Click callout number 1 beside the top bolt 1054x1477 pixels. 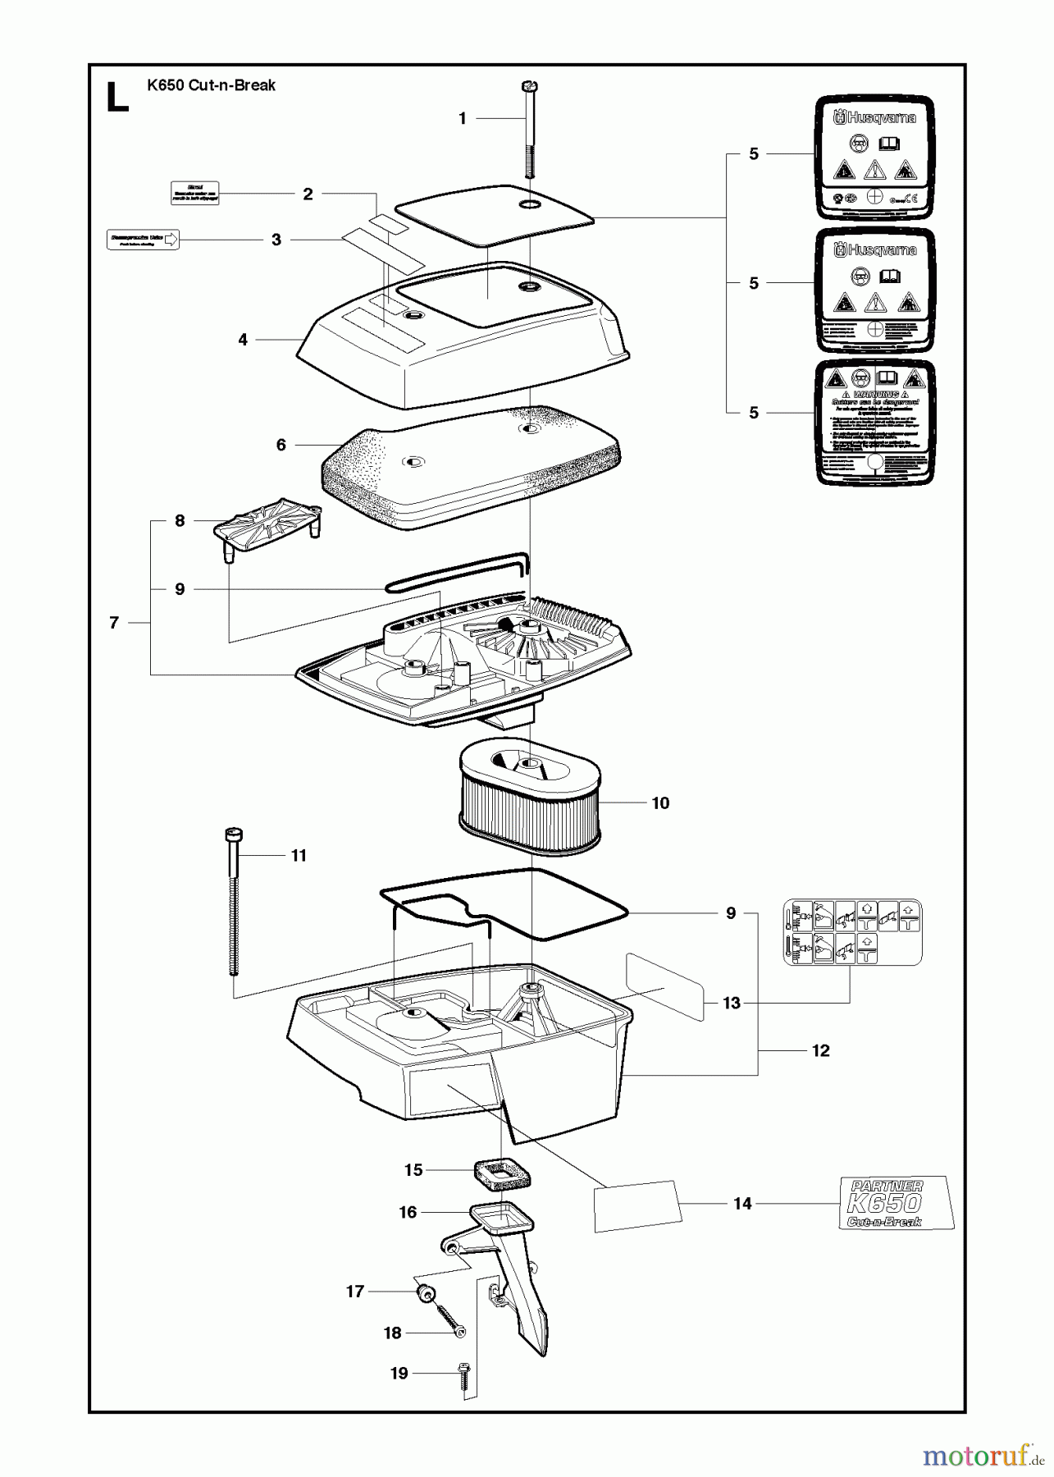[x=462, y=119]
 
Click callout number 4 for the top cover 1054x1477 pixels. [x=243, y=340]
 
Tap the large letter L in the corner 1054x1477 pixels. [x=118, y=98]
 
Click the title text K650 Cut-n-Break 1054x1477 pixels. [x=211, y=85]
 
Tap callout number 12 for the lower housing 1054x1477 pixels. [x=820, y=1051]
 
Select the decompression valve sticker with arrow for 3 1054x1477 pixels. [x=143, y=240]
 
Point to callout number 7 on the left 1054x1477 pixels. [x=114, y=623]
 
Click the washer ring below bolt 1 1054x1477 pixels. [x=529, y=203]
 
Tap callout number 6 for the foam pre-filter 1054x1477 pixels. [x=281, y=445]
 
